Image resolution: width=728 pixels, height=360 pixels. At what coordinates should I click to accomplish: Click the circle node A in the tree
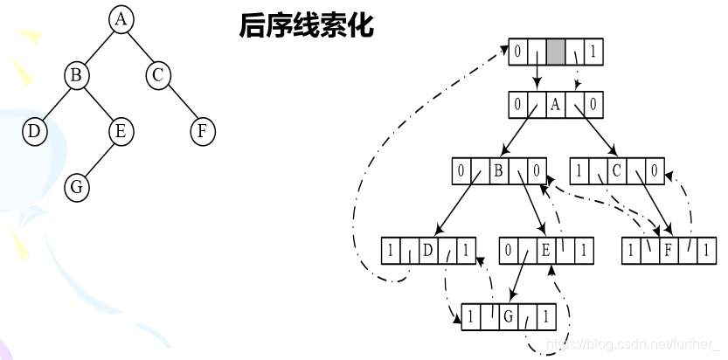coord(121,20)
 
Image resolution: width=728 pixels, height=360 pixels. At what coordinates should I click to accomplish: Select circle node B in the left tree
coord(77,76)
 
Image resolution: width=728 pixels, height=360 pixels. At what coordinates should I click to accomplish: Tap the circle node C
coord(158,76)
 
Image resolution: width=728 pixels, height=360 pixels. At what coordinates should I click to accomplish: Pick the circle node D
coord(34,132)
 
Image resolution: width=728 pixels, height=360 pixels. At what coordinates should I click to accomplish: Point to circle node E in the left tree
coord(121,132)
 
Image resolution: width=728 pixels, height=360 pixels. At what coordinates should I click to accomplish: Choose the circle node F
coord(203,132)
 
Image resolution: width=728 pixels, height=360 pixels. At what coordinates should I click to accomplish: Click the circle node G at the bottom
coord(77,186)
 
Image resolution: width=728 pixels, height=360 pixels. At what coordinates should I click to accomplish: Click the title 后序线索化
coord(305,26)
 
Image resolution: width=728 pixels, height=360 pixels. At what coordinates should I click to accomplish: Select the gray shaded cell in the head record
coord(557,52)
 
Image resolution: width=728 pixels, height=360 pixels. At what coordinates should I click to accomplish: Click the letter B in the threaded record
coord(498,170)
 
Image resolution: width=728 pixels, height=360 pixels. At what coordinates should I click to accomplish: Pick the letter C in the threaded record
coord(616,170)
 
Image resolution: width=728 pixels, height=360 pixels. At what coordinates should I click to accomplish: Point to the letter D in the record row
coord(428,252)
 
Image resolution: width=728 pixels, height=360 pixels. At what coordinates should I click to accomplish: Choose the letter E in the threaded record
coord(545,252)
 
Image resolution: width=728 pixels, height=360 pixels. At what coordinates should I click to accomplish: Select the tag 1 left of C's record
coord(579,170)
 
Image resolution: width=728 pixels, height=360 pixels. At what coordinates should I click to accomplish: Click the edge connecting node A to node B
coord(99,48)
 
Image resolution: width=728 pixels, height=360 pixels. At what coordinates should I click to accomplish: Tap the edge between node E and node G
coord(99,159)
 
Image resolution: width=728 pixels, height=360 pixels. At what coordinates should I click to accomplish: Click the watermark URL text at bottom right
coord(632,345)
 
